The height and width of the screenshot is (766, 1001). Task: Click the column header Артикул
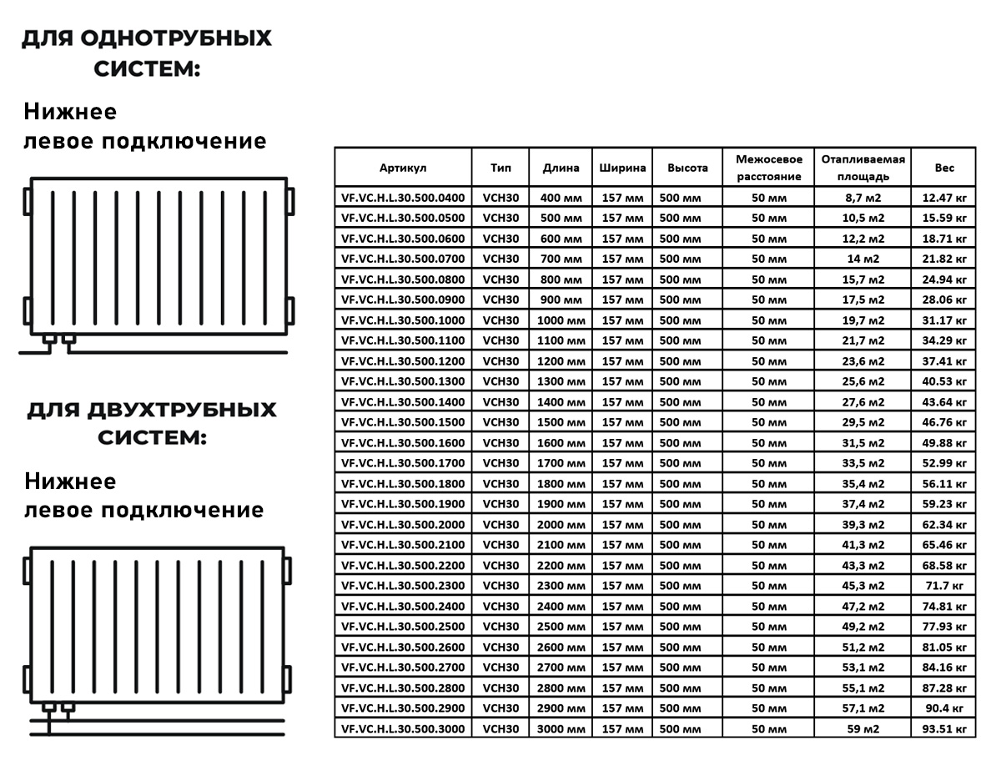click(x=403, y=168)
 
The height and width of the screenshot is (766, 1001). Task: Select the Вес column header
click(x=943, y=168)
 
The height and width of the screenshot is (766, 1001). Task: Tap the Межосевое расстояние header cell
click(x=768, y=168)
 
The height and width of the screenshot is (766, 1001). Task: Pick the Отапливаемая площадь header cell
click(x=863, y=168)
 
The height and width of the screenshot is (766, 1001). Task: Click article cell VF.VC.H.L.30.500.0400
click(x=403, y=198)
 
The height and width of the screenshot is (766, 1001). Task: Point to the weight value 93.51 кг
click(x=943, y=728)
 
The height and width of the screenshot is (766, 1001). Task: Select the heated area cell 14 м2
click(x=863, y=259)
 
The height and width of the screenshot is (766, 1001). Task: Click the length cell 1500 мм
click(x=561, y=422)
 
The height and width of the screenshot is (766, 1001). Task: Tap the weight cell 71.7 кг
click(x=943, y=586)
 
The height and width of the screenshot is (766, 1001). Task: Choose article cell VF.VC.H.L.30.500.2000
click(x=403, y=524)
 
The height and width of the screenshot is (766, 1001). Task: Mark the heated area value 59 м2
click(x=863, y=728)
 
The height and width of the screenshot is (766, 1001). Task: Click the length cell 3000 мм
click(x=561, y=728)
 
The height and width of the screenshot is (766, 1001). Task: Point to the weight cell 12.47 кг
click(x=943, y=198)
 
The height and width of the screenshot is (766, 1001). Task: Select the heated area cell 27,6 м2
click(x=863, y=401)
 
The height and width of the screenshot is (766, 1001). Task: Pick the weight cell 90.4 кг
click(x=943, y=708)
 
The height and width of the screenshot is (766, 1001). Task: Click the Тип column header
click(x=500, y=168)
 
